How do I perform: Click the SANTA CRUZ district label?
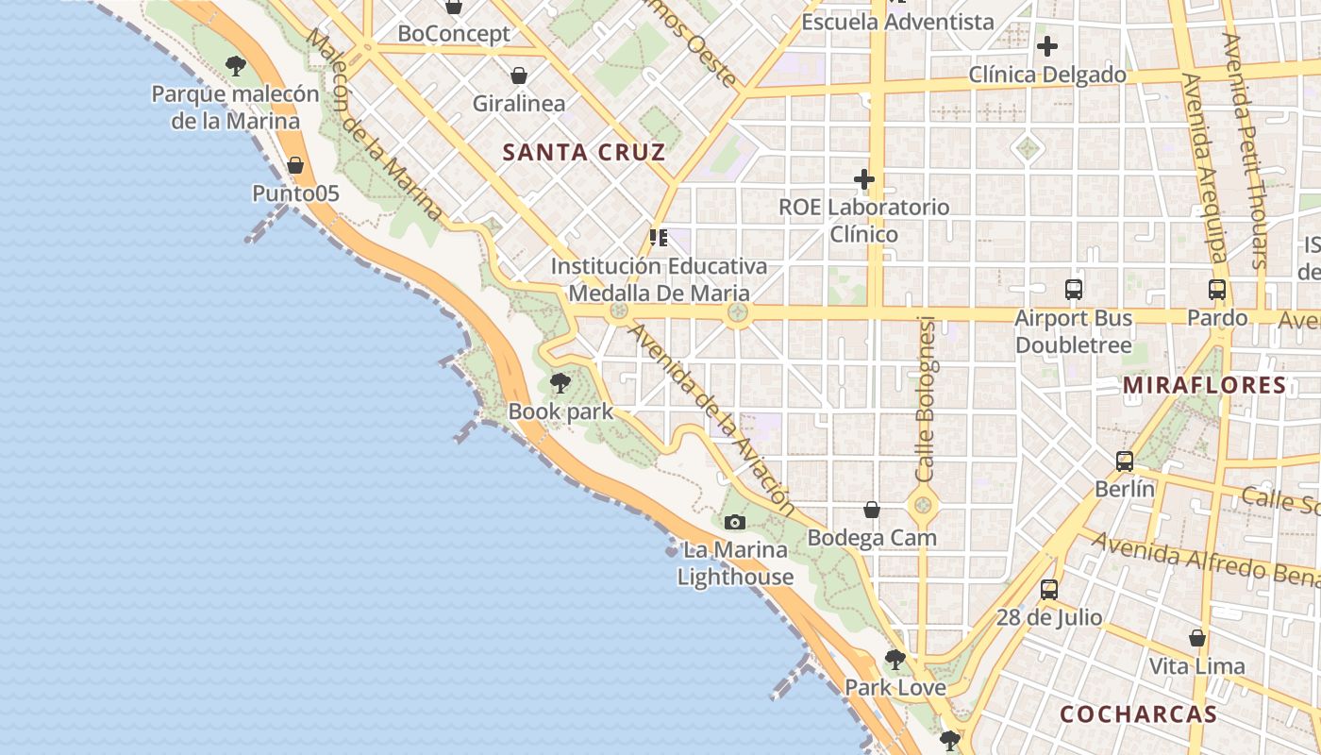(584, 152)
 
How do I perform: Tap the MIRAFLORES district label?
(1205, 385)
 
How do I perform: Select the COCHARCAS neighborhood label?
(1138, 713)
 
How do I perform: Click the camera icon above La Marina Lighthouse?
(734, 522)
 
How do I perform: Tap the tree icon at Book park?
(560, 383)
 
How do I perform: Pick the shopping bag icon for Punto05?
(295, 165)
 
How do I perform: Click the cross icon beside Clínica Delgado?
(1046, 45)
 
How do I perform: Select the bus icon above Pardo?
(1217, 290)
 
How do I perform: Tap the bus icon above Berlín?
(1125, 461)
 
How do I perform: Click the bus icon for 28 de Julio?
(1049, 590)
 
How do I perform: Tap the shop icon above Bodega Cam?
(872, 510)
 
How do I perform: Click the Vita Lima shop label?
(1196, 666)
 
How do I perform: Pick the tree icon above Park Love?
(895, 659)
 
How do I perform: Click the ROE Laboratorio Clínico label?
(863, 220)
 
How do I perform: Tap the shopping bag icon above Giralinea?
(518, 75)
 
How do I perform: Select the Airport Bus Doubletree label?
(1073, 332)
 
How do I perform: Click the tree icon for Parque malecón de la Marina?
(236, 66)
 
